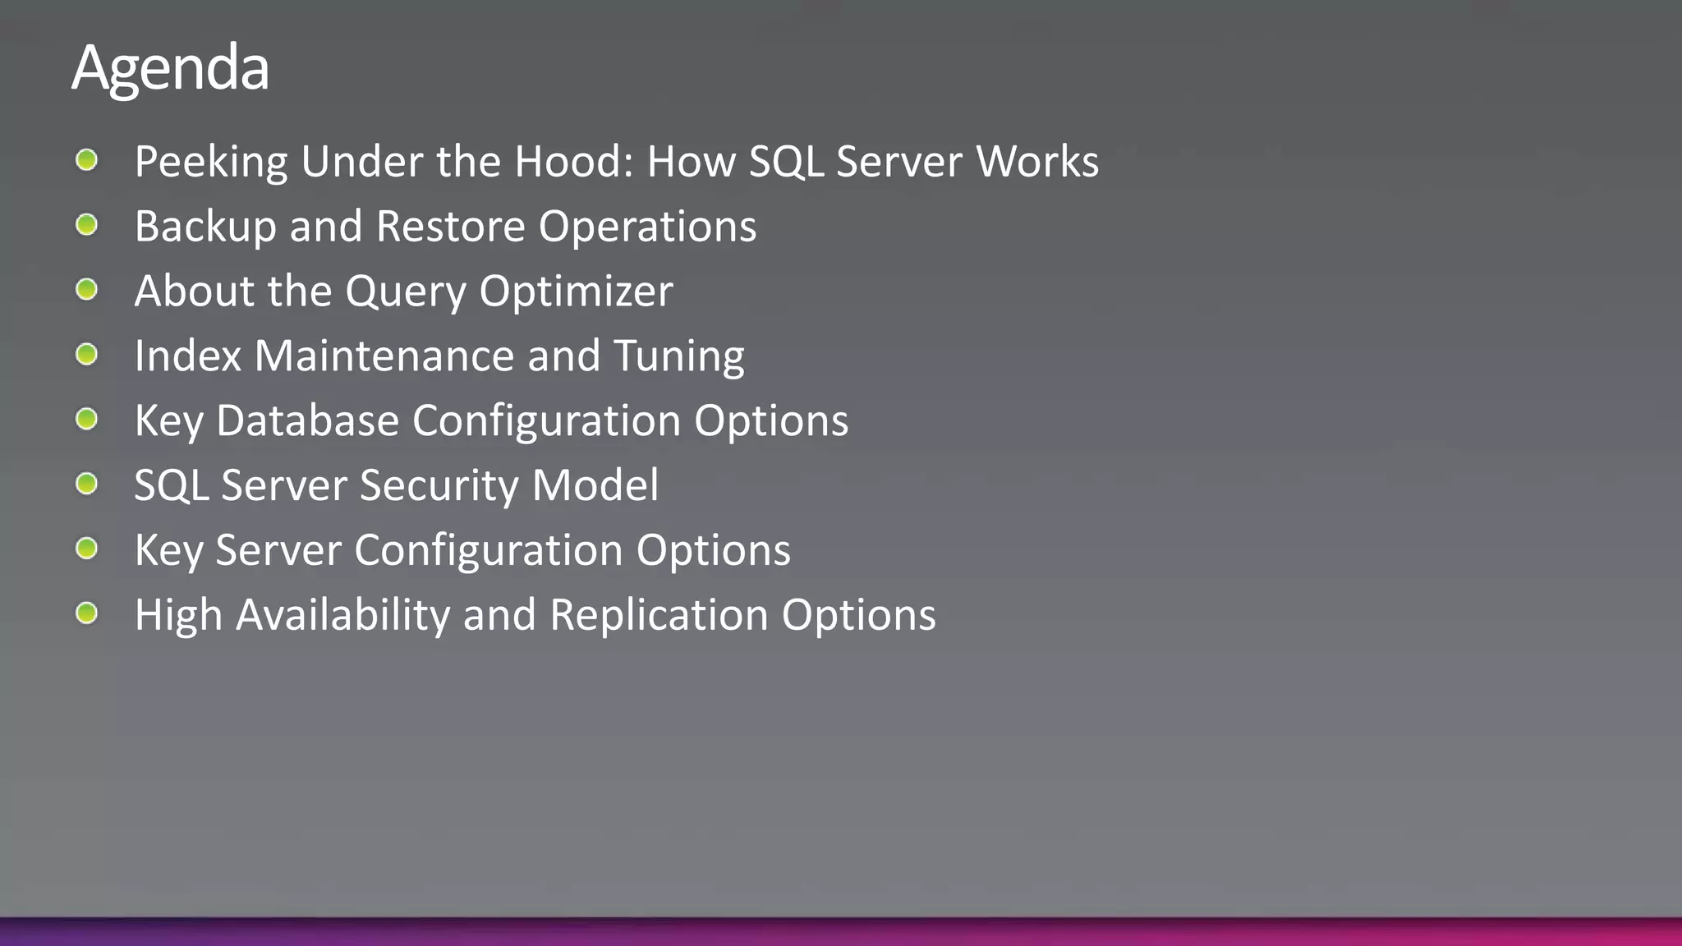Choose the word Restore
450,227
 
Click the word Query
406,292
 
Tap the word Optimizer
576,292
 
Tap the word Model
595,485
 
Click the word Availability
343,616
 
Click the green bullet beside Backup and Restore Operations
87,225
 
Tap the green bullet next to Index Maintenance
87,355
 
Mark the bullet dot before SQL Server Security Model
87,484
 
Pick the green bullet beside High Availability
87,613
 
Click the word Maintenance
384,356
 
